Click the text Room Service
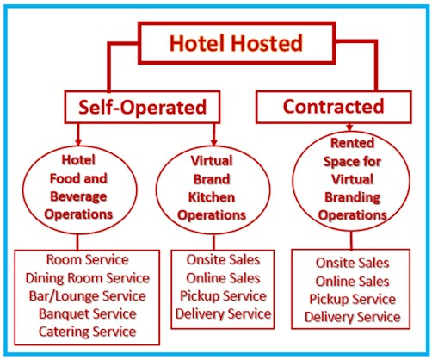88,259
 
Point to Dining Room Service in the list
88,278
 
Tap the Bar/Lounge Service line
88,296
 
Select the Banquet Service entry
88,313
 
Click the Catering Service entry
88,332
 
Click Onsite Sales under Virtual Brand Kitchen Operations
223,259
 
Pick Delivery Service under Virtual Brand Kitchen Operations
223,313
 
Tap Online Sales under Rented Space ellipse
353,282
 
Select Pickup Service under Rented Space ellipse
353,300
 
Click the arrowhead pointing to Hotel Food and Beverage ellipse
78,142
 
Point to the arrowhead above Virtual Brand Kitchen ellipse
213,142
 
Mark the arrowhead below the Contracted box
349,127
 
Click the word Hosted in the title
267,43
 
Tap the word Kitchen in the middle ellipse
212,197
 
